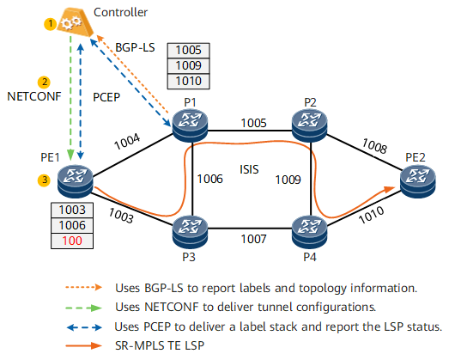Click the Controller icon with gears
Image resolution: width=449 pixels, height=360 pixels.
point(75,23)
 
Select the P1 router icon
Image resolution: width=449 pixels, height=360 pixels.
point(190,125)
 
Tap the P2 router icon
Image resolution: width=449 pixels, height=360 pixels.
point(310,125)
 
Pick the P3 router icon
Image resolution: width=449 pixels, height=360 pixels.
point(190,232)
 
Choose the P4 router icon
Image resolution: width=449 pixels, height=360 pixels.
point(310,232)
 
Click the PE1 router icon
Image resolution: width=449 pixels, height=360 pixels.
point(75,182)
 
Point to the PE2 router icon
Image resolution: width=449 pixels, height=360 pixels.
point(418,182)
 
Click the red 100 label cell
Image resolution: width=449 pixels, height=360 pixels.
point(72,241)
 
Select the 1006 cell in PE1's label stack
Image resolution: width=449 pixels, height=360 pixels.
point(72,225)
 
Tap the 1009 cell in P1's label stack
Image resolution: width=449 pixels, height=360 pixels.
point(188,65)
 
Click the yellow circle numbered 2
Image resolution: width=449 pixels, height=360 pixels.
point(44,82)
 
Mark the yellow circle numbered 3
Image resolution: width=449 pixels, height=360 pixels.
point(44,180)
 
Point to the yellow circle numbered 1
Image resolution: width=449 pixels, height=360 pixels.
point(50,23)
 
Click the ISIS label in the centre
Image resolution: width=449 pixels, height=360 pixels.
point(249,169)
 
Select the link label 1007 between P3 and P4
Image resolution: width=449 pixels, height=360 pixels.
point(254,239)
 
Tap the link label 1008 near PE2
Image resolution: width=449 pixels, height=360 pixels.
point(374,146)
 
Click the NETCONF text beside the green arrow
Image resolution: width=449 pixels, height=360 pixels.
point(34,96)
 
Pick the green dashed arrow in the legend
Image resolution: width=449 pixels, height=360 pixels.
point(83,308)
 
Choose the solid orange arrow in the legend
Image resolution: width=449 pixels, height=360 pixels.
point(83,345)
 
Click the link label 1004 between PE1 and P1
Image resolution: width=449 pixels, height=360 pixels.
point(127,142)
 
